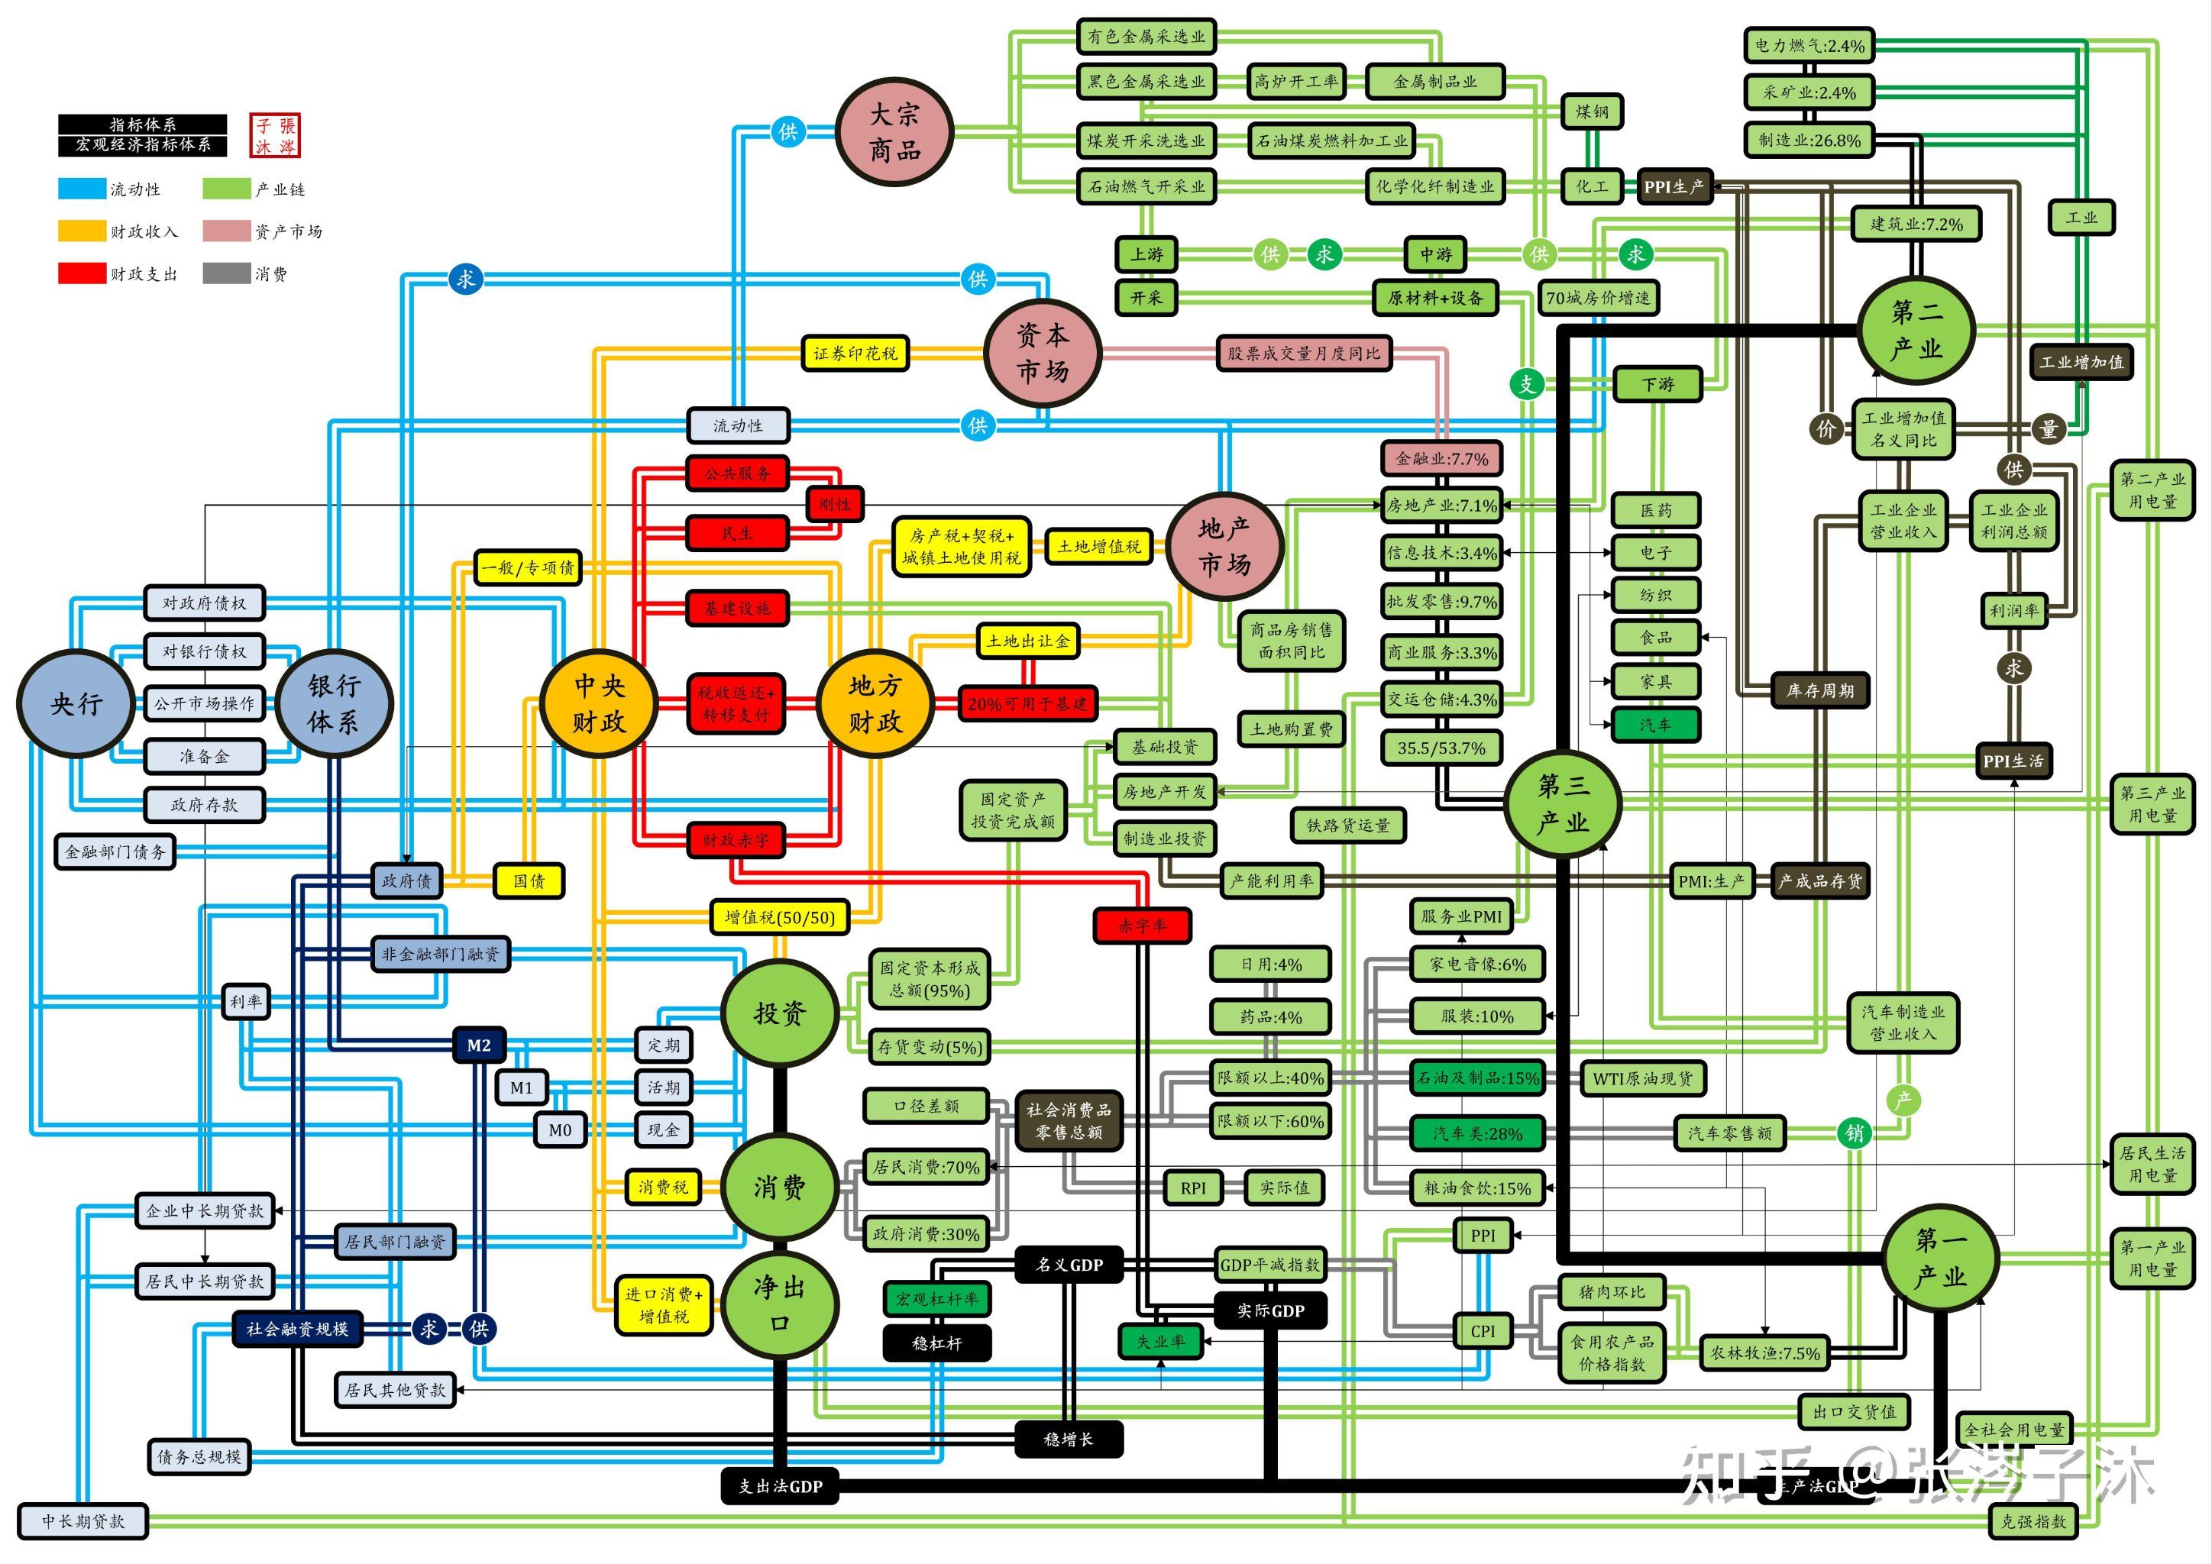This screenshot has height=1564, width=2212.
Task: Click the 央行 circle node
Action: pos(75,704)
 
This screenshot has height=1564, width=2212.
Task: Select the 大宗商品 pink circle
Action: pos(895,132)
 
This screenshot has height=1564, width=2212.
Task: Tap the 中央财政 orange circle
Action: pos(600,703)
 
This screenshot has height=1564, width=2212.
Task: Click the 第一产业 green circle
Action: pos(1940,1257)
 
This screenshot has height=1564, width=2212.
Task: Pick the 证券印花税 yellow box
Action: pos(855,354)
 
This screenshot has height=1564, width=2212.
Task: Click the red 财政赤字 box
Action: pos(736,840)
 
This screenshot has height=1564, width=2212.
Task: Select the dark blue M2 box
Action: pos(479,1045)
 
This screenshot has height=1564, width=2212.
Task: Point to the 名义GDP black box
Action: pos(1069,1265)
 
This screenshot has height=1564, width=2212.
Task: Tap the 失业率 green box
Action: pos(1161,1340)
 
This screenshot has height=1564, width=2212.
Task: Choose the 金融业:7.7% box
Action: pos(1441,460)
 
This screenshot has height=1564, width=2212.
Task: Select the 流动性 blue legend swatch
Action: pos(82,189)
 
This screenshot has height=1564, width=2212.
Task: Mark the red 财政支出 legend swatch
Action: pos(82,273)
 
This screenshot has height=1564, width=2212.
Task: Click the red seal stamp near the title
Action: pos(274,136)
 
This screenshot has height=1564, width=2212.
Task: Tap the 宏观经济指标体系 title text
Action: pos(143,144)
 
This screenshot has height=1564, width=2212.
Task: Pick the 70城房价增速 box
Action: pos(1597,299)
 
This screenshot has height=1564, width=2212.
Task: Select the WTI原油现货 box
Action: pos(1643,1078)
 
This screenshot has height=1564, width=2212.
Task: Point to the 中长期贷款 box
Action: pos(82,1520)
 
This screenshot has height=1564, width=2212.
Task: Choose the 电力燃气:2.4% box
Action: pos(1809,45)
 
